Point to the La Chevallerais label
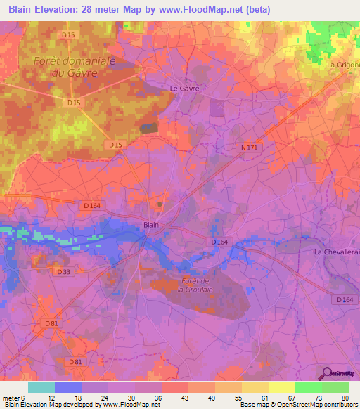coord(337,252)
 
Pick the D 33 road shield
coord(63,271)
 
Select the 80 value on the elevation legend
coord(345,398)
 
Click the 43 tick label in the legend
coord(165,398)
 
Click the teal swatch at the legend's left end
coord(41,387)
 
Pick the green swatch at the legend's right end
coord(335,387)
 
